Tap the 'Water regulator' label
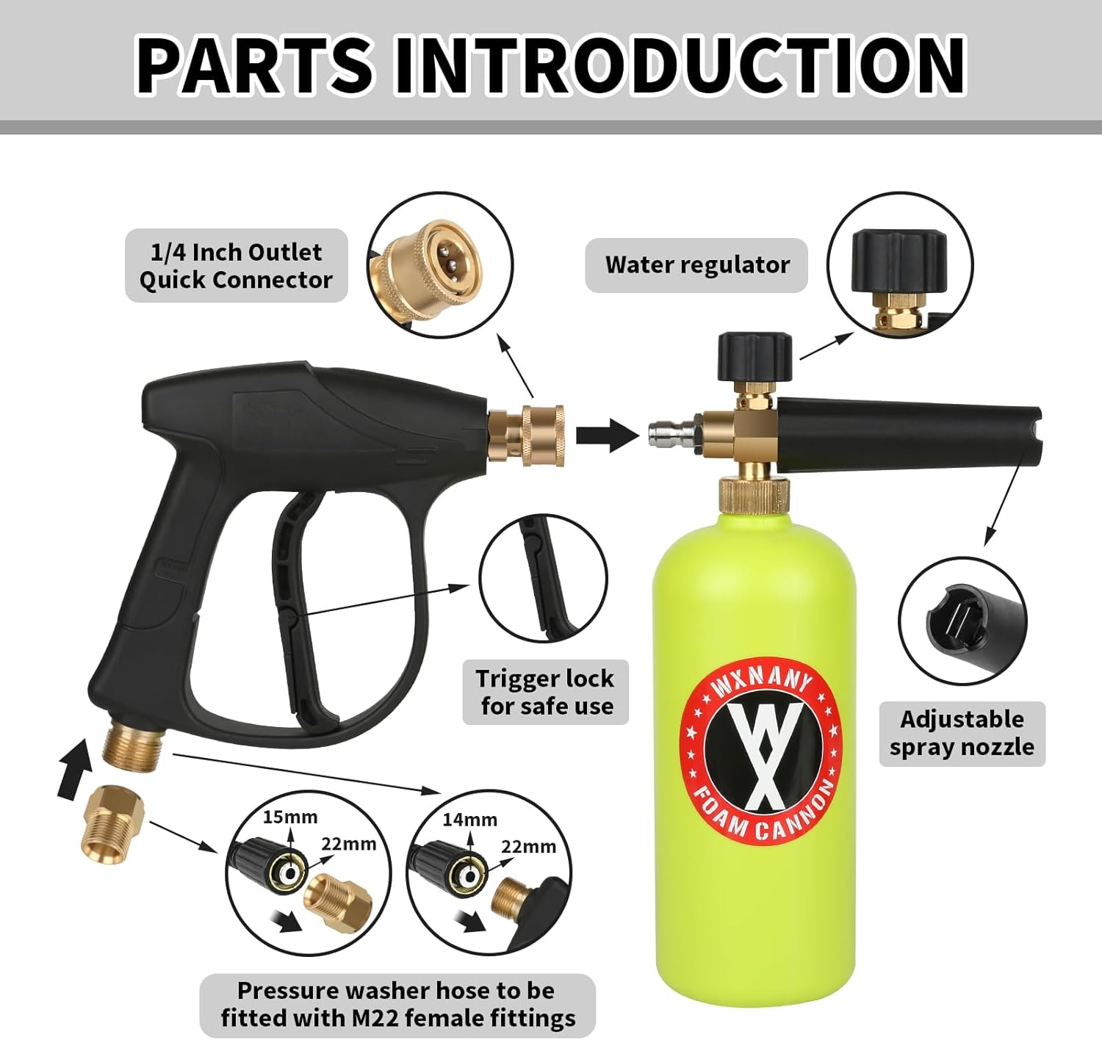tap(696, 265)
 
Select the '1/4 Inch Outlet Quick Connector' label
tap(236, 266)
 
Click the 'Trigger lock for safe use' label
tap(545, 692)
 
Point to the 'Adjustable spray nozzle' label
tap(962, 733)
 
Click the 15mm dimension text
tap(290, 817)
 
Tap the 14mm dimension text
tap(469, 819)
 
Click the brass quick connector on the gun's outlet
tap(526, 433)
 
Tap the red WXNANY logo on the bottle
tap(760, 756)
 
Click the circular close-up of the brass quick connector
tap(439, 265)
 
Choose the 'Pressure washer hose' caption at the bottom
tap(397, 1004)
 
